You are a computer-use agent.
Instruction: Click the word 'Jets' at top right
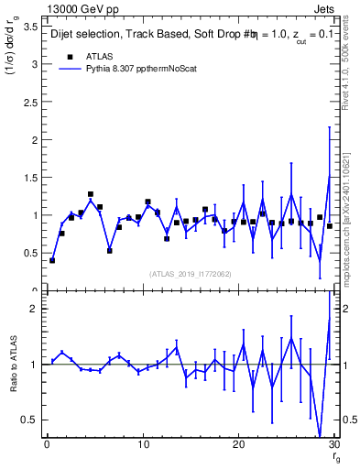[324, 8]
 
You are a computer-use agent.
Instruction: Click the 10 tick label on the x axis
[142, 446]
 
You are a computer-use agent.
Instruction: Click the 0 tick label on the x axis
[47, 446]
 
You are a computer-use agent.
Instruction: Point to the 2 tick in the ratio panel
[35, 309]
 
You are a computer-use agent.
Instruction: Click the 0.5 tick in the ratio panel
[31, 420]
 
